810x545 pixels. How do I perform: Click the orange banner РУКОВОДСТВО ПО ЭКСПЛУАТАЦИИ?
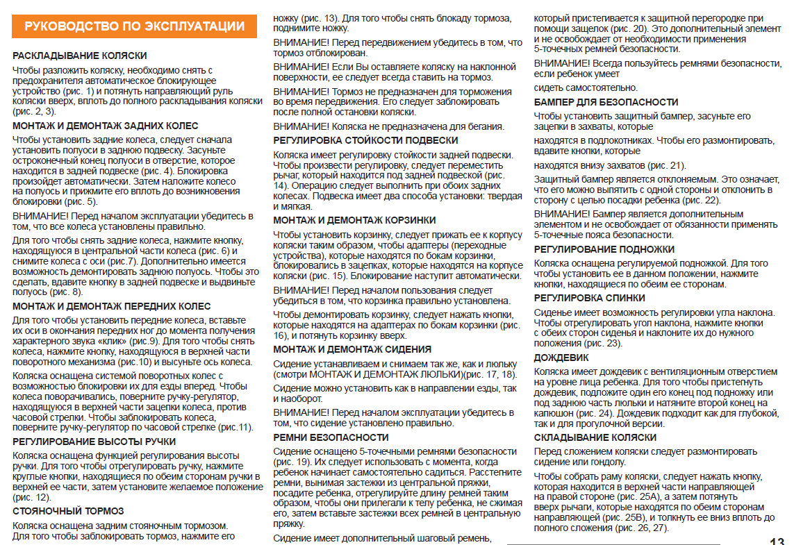135,27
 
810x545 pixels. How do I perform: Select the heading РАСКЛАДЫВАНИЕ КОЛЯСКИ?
80,56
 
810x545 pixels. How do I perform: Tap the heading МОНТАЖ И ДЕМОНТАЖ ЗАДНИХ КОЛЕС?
106,126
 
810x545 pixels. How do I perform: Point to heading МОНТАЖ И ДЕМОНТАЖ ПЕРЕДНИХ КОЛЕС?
112,306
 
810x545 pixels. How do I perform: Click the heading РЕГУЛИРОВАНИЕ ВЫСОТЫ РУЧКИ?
94,442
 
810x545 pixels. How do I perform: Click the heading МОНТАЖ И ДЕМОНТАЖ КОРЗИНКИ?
354,220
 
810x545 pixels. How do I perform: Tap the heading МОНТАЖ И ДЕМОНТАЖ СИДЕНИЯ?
352,349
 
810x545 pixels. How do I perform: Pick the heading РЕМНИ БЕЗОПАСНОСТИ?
331,437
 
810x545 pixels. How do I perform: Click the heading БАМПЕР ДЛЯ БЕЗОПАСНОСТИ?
606,102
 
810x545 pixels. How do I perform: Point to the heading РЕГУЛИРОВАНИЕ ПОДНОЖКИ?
604,249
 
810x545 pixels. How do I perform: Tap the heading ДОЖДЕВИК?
561,358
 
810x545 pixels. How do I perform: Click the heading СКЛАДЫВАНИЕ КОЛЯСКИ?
595,437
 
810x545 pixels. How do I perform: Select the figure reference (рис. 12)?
32,497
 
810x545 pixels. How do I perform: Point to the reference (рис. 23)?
602,343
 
